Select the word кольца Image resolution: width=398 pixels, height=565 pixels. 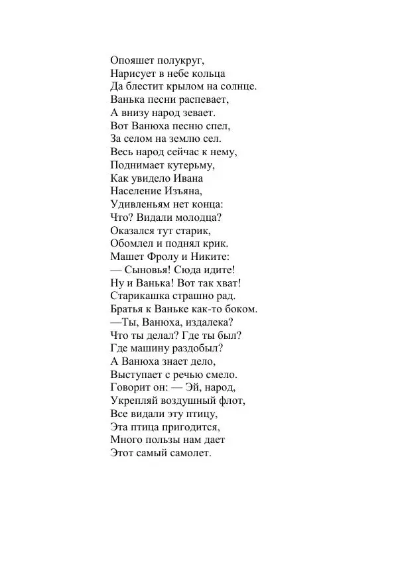(207, 73)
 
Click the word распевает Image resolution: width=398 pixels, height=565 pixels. (202, 99)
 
